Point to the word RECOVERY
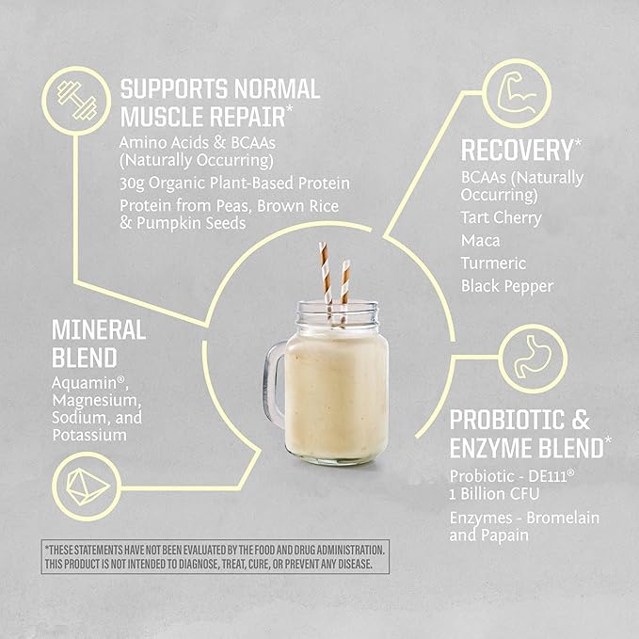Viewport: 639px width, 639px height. (x=517, y=150)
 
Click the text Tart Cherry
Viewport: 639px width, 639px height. (x=501, y=217)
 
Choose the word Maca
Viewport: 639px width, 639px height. (x=478, y=240)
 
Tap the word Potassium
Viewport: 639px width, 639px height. (x=80, y=435)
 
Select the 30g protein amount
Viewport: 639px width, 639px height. (x=133, y=183)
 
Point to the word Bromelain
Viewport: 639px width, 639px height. (x=565, y=519)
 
